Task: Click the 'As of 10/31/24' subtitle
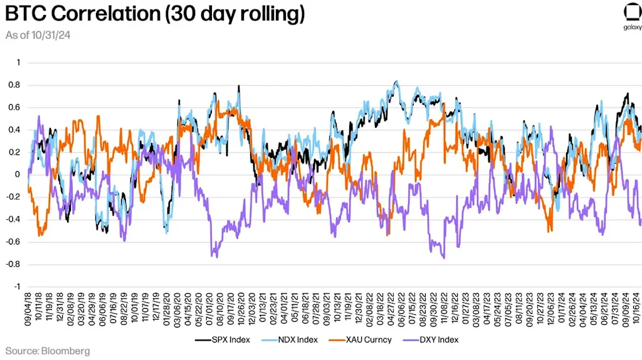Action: [x=38, y=35]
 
